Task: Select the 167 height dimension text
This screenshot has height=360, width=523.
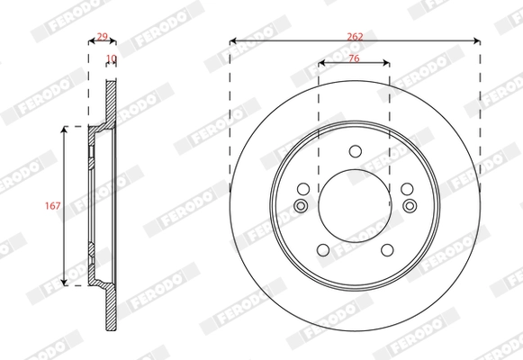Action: coord(53,206)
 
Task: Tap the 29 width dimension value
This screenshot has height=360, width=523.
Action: coord(102,36)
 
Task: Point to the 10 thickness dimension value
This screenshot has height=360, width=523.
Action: coord(111,58)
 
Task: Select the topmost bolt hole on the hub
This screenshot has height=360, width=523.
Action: coord(354,150)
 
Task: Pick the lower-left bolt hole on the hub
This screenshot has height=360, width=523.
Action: coord(321,251)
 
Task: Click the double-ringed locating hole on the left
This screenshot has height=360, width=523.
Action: coord(301,207)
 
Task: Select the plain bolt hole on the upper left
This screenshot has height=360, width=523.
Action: coord(303,189)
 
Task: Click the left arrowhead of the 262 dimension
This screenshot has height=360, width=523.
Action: coord(233,40)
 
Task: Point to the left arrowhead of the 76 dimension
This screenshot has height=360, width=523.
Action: coord(321,63)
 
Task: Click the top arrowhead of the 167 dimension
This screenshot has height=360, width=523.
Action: coord(65,130)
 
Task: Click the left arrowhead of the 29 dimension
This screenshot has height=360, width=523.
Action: coord(90,42)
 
